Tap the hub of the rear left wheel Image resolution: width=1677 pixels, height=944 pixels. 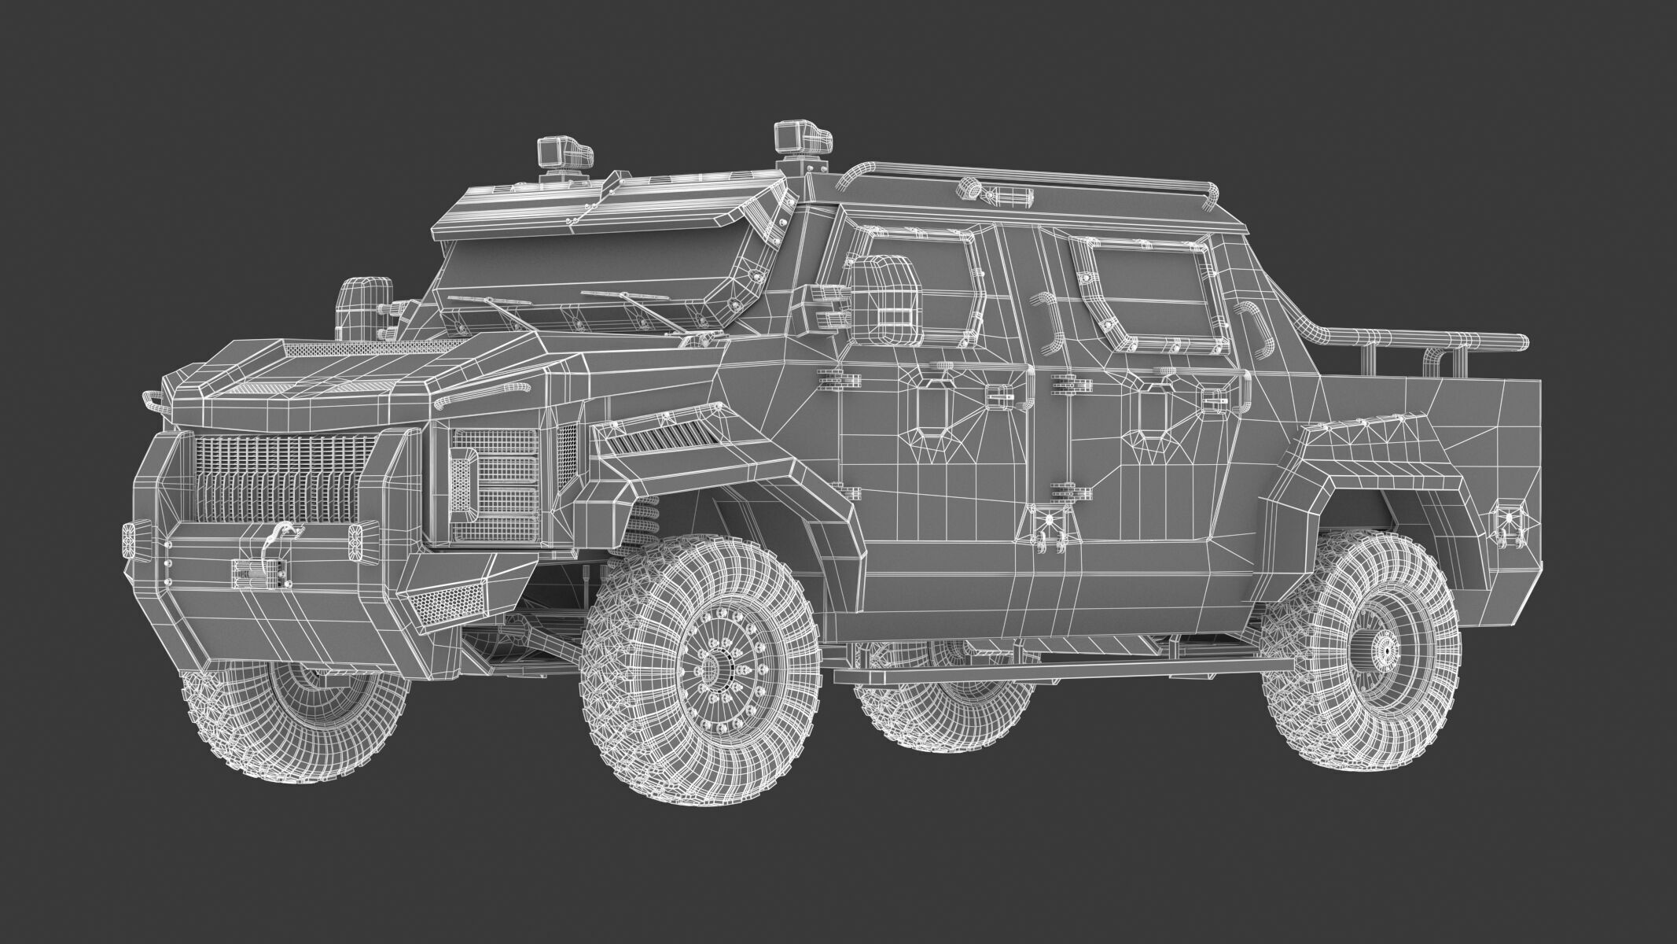coord(1385,647)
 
